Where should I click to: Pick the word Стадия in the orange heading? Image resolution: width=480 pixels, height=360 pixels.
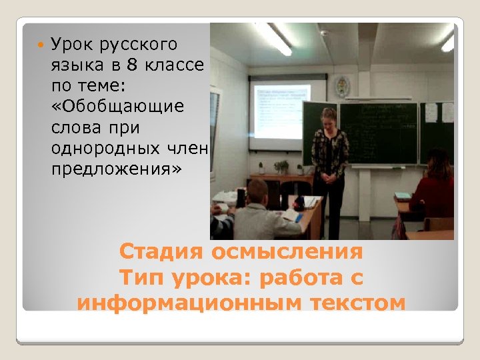click(162, 253)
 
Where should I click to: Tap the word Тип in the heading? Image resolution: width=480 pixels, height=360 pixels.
click(140, 278)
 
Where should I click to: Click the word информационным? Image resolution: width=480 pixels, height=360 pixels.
click(190, 303)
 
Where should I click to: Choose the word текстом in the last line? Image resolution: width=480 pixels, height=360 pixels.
click(357, 303)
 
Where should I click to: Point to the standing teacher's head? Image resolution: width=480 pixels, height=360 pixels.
click(329, 117)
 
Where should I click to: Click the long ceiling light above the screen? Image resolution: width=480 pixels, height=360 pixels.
click(274, 38)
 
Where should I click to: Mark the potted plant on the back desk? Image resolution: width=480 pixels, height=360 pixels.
click(281, 166)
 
